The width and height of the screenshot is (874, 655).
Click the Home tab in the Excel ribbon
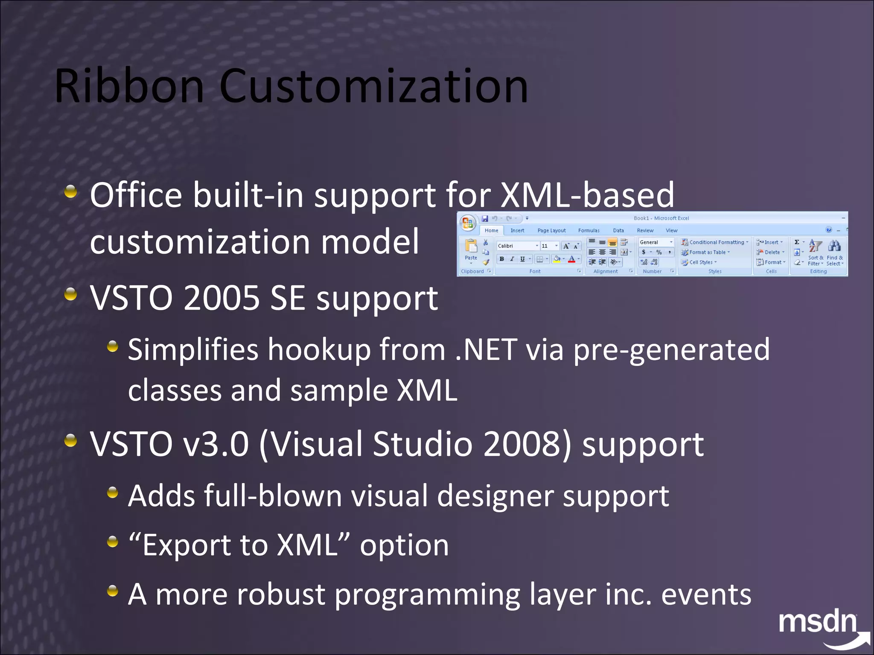coord(491,230)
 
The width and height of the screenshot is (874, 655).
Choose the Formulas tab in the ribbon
coord(588,230)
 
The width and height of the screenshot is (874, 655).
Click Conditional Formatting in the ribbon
coord(715,242)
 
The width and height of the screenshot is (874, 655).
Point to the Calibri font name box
coord(515,246)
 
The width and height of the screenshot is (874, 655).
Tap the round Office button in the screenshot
coord(467,223)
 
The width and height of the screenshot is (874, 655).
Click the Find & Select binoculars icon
coord(834,246)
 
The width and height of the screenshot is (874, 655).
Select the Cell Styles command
coord(700,262)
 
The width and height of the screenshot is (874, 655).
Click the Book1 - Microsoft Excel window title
coord(661,218)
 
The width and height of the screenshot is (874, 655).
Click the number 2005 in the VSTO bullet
coord(221,298)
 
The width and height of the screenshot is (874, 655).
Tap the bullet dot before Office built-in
coord(71,191)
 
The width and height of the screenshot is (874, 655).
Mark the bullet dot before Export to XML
coord(113,542)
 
